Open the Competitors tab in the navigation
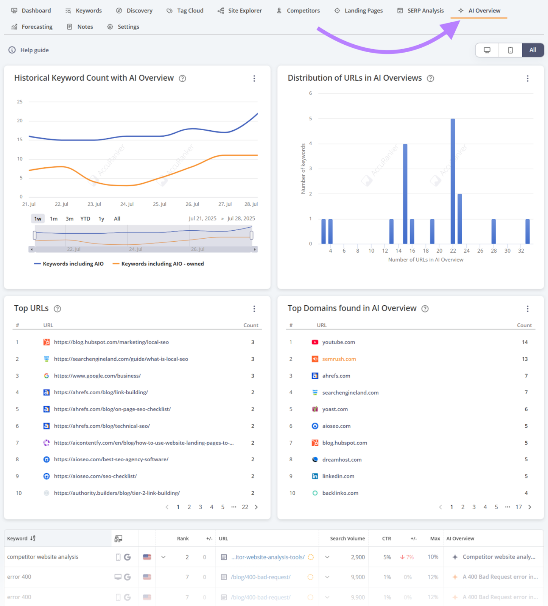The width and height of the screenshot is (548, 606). [x=299, y=11]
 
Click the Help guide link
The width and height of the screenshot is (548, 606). [x=34, y=50]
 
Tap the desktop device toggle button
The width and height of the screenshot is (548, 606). [x=487, y=50]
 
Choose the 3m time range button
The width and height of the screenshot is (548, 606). [x=69, y=219]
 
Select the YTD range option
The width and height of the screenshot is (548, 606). [x=85, y=219]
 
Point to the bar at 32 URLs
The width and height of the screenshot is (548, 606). [x=527, y=231]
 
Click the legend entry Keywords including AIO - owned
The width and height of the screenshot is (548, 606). [x=162, y=264]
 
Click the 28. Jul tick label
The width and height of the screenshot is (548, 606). [x=251, y=204]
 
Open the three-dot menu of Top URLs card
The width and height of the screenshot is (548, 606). [x=254, y=309]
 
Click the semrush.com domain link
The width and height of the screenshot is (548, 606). [x=339, y=359]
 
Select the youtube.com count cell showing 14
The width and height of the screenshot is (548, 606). [x=525, y=342]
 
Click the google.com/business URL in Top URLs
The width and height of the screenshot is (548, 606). [x=97, y=376]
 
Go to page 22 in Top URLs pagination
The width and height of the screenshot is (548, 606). [x=245, y=507]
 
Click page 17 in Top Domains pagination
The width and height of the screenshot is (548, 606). [x=518, y=507]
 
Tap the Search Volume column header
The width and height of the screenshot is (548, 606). [x=347, y=539]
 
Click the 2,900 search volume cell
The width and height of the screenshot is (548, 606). [x=358, y=557]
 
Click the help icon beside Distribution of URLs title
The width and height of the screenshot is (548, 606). [x=430, y=78]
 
